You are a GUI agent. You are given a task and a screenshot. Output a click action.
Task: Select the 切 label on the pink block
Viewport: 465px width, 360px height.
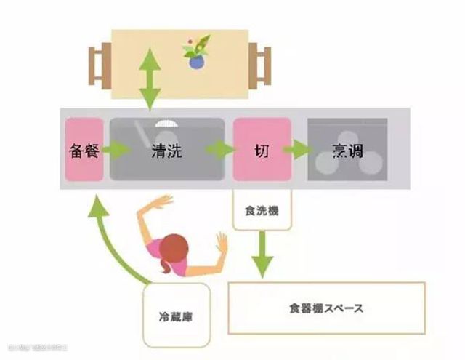tap(261, 151)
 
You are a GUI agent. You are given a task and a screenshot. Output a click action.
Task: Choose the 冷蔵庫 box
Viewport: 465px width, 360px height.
tap(177, 317)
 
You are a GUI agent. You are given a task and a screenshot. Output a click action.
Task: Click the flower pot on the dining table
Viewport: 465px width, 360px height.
tap(196, 62)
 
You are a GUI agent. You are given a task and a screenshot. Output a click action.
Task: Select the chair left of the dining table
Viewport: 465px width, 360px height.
tap(99, 64)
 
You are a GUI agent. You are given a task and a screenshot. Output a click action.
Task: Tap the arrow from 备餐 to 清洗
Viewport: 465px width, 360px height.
tap(114, 151)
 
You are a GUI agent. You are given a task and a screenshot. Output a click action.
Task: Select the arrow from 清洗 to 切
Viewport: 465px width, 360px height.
tap(219, 151)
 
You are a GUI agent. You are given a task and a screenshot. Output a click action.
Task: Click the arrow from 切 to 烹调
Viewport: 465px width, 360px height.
tap(296, 151)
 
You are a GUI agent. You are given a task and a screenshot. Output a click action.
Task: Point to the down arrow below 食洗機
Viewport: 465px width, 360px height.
tap(264, 254)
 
